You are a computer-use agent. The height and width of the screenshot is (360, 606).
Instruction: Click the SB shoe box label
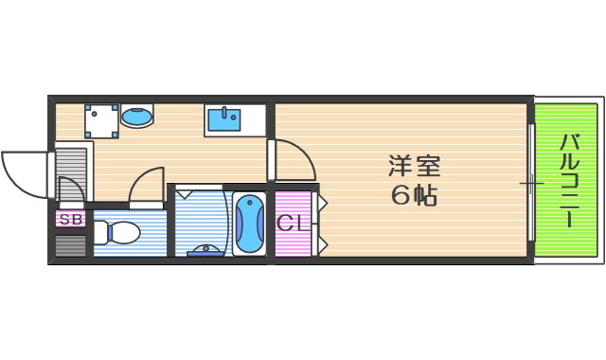[70, 220]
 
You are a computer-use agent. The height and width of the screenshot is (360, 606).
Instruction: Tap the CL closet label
[290, 224]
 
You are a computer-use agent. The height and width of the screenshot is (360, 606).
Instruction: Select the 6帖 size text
[414, 196]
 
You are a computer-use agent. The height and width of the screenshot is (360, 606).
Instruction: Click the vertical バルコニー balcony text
[568, 180]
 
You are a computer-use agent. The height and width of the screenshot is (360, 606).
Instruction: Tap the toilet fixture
[117, 232]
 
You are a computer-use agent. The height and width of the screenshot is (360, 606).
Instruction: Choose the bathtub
[250, 224]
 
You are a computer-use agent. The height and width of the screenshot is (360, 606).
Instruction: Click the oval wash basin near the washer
[137, 117]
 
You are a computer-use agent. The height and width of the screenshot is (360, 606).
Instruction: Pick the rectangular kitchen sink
[224, 119]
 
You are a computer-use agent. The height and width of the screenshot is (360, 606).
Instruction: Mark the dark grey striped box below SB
[70, 245]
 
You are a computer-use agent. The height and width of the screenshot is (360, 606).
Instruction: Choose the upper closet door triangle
[321, 203]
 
